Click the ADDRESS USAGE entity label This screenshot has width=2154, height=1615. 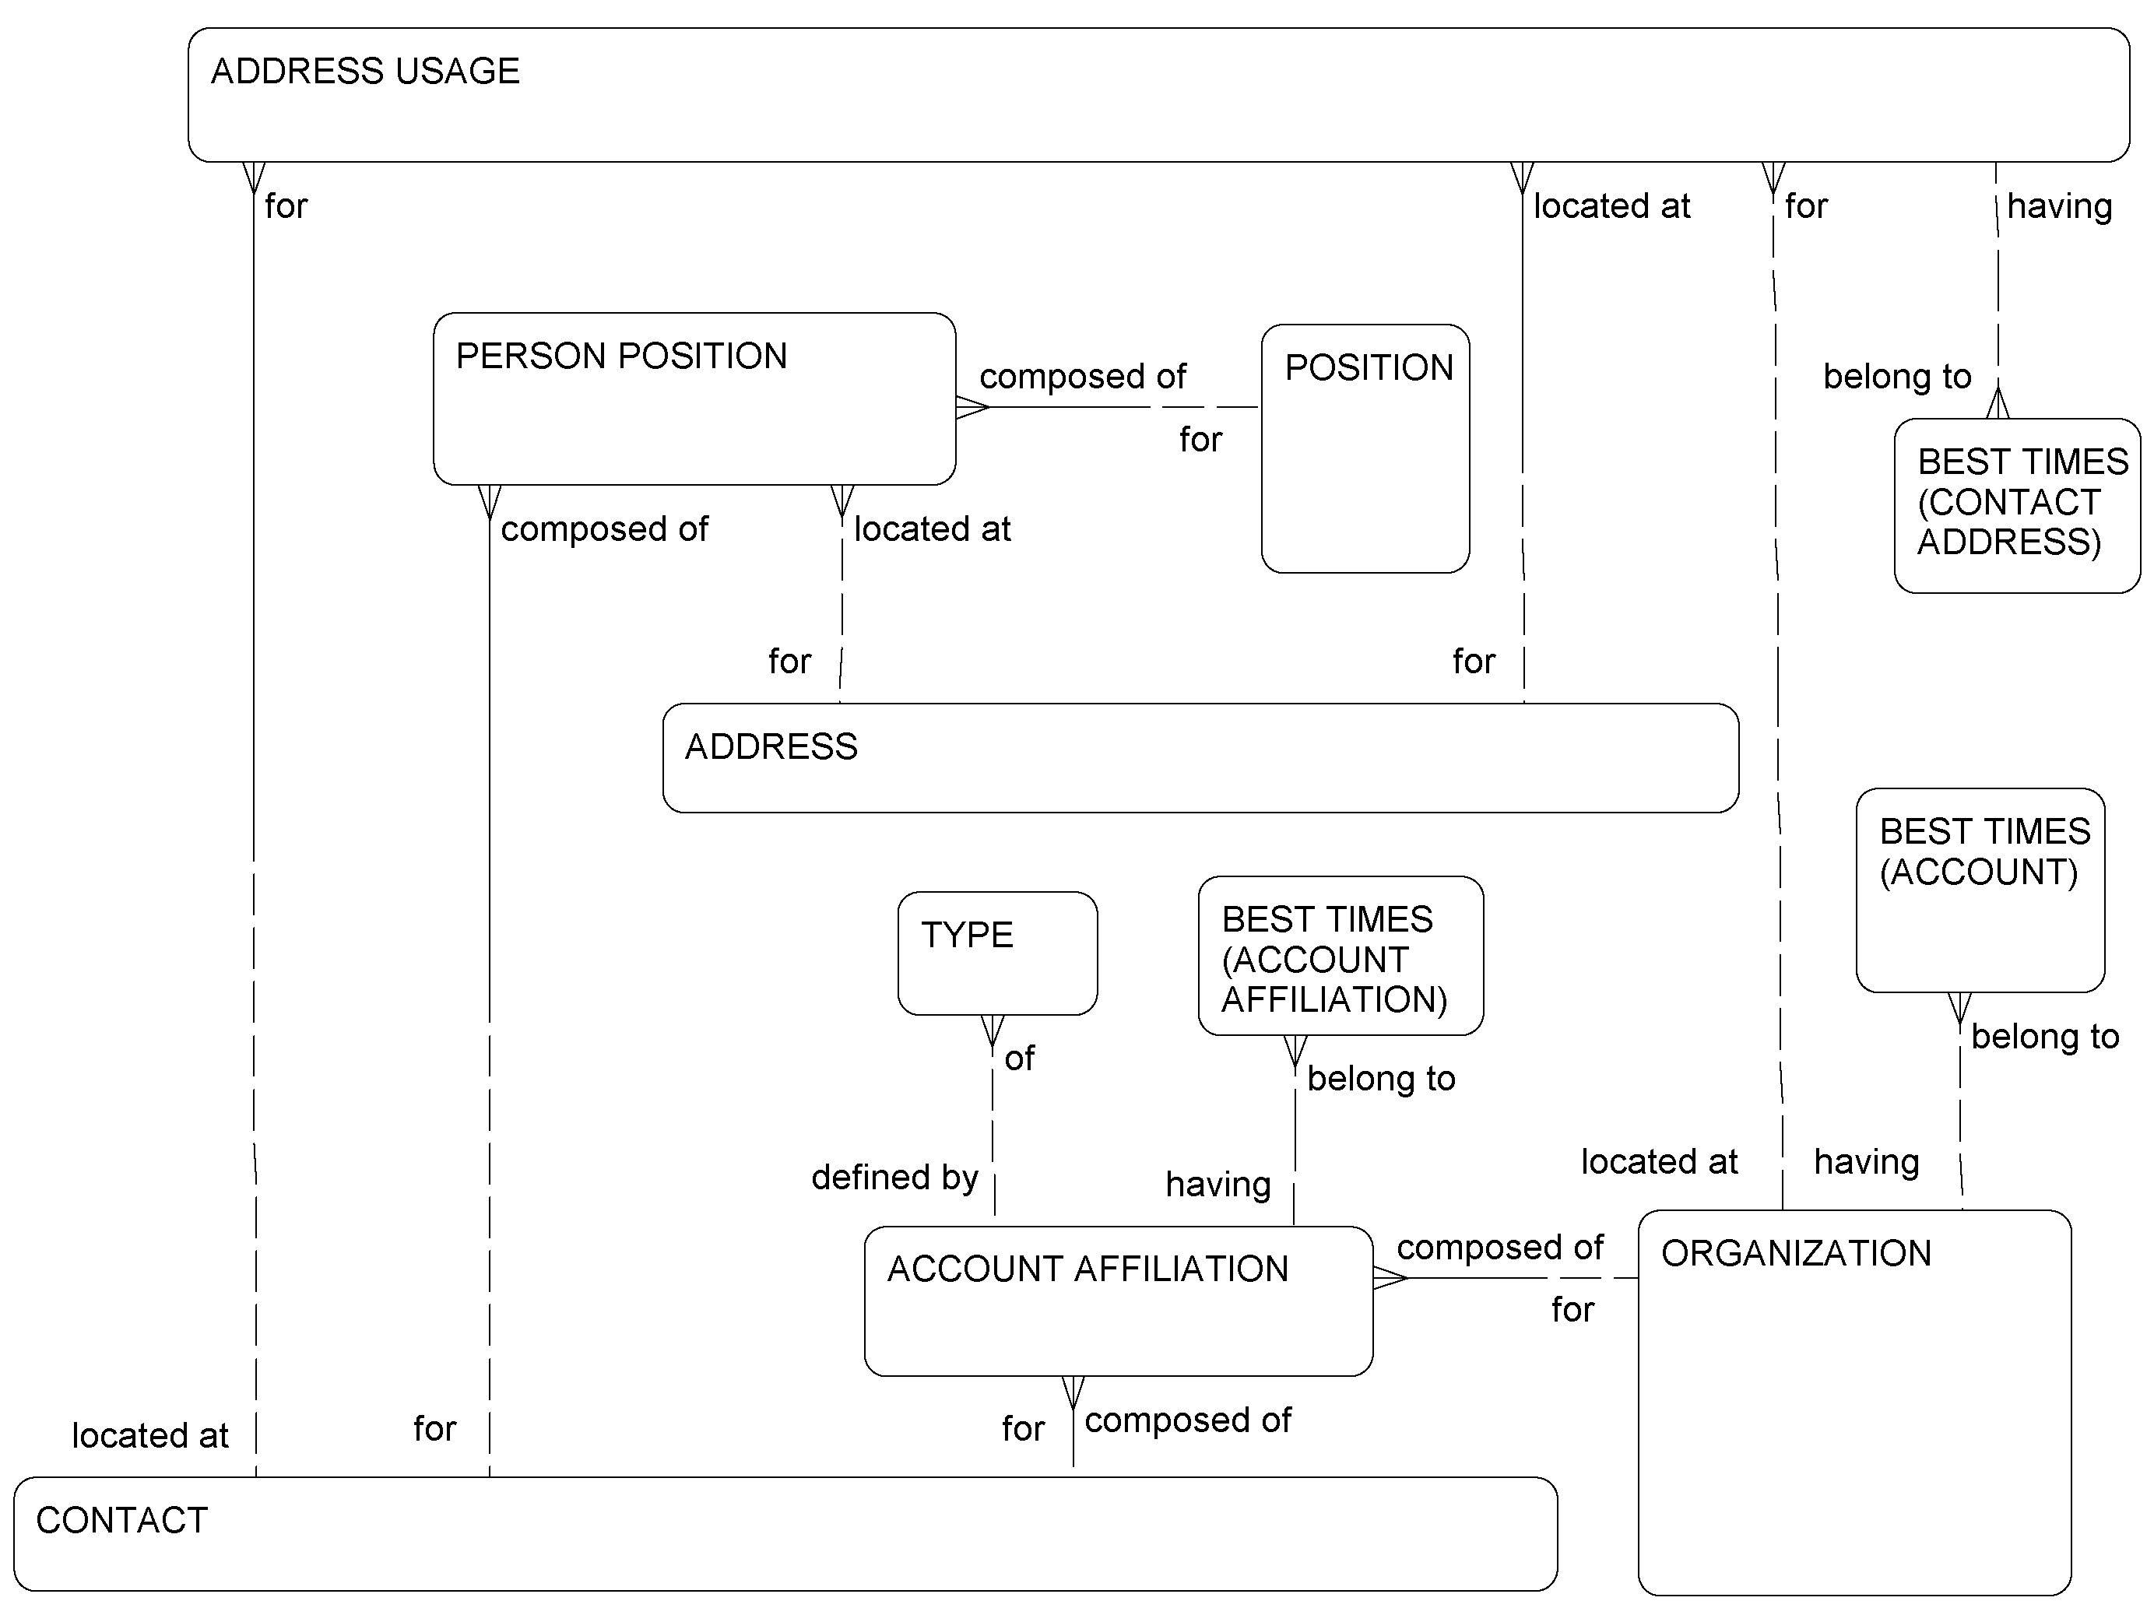click(365, 71)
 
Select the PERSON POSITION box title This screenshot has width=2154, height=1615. click(621, 356)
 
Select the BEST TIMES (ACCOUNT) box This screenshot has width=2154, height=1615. click(1980, 890)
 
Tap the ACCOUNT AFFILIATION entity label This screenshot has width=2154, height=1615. click(1088, 1269)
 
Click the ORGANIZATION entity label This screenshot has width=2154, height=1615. click(1796, 1254)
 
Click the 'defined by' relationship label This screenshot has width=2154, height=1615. click(894, 1178)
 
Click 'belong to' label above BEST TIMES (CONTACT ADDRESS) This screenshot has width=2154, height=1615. click(1897, 377)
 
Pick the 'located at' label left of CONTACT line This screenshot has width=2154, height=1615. click(150, 1436)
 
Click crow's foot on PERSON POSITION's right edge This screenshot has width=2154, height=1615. click(972, 407)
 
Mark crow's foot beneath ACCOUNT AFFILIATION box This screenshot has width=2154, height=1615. click(1072, 1392)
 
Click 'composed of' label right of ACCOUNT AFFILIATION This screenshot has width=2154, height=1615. click(1499, 1247)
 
